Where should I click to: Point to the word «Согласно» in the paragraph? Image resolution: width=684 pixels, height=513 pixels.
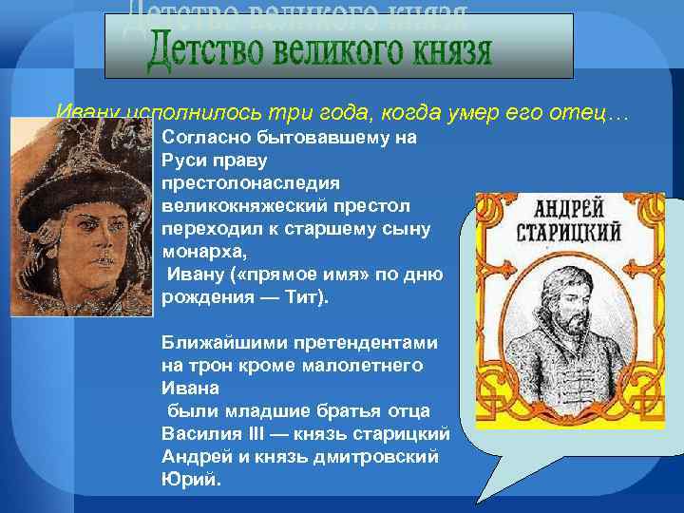(x=205, y=137)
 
